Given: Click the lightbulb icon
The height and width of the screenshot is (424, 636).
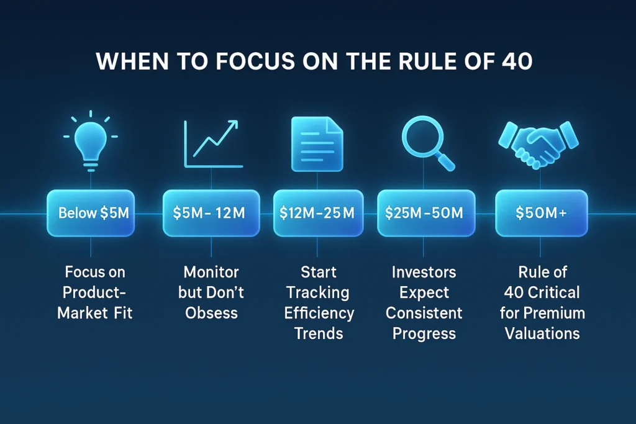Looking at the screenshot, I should click(x=91, y=142).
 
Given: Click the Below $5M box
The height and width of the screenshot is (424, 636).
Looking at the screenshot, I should click(x=91, y=213).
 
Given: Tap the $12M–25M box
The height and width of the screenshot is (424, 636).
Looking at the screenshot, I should click(x=317, y=213).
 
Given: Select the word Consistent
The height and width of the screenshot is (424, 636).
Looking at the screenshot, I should click(x=424, y=312).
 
